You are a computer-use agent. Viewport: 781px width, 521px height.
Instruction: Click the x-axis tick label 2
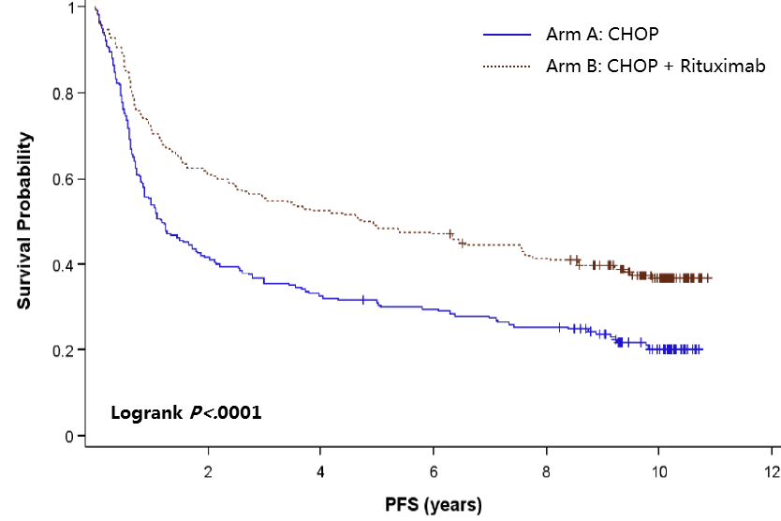[x=208, y=470]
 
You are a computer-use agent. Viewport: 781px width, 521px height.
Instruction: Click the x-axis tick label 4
[x=320, y=470]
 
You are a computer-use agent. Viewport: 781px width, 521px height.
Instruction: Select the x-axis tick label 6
[x=434, y=470]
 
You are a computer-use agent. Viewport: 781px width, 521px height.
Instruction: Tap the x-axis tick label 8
[x=546, y=470]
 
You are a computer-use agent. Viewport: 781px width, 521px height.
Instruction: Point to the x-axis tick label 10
[x=658, y=470]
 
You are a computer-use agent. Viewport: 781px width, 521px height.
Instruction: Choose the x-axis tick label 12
[x=771, y=470]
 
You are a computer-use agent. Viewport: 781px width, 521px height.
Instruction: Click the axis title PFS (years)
[x=434, y=506]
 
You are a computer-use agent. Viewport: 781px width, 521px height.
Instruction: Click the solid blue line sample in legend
[x=507, y=35]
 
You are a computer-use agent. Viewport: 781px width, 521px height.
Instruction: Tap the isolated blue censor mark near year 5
[x=362, y=300]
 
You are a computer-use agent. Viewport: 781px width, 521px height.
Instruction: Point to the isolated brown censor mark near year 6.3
[x=450, y=233]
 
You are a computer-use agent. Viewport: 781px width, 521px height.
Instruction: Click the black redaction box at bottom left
[x=164, y=423]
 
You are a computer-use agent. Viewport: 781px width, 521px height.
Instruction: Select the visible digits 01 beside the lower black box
[x=251, y=412]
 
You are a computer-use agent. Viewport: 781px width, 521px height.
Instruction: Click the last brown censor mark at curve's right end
[x=708, y=278]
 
